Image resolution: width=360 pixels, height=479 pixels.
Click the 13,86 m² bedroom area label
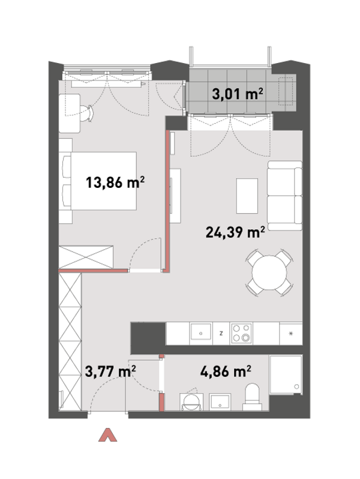point(115,182)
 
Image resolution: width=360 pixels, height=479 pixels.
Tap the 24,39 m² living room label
point(235,232)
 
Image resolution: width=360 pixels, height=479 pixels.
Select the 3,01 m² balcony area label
point(238,94)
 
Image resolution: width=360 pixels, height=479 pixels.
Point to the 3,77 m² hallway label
point(110,372)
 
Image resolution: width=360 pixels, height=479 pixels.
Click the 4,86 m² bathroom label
point(226,371)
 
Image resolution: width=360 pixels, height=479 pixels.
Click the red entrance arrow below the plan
point(108,435)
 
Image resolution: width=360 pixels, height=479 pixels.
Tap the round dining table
point(269,273)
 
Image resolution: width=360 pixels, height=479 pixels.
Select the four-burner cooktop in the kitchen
point(242,333)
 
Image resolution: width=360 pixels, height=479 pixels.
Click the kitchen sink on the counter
point(200,333)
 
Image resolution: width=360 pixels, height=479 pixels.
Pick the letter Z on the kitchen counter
point(221,333)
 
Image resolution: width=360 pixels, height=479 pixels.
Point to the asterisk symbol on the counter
point(291,333)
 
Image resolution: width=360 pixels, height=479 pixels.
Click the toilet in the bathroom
point(252,397)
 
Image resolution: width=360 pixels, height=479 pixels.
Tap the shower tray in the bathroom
point(286,375)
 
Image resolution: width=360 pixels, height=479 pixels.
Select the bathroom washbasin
point(220,402)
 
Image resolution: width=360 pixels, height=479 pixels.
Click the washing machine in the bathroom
point(191,402)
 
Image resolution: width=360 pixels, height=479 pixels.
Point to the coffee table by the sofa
point(247,196)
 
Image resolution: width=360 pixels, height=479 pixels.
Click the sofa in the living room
point(284,196)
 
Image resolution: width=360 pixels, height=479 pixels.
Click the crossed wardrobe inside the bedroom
point(86,258)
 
